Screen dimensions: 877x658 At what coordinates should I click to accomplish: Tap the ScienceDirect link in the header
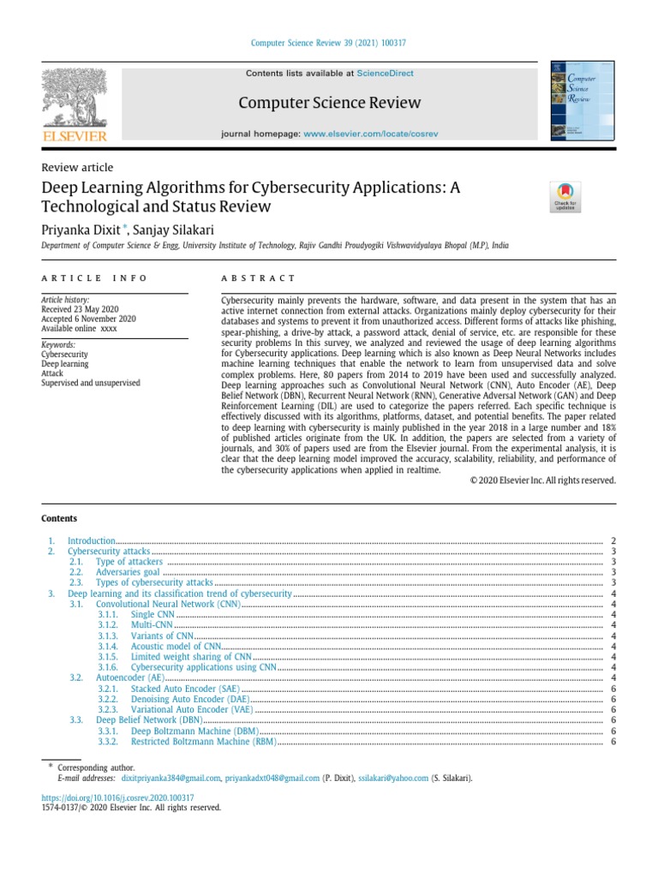pos(385,74)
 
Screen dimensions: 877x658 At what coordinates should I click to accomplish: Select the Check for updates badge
pos(565,196)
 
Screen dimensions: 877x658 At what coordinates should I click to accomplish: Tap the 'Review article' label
pos(77,168)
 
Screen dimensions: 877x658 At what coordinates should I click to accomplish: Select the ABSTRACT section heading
pos(258,278)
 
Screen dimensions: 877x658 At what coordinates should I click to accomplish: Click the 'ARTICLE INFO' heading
pos(94,278)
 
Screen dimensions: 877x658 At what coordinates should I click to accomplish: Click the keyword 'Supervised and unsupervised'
pos(90,383)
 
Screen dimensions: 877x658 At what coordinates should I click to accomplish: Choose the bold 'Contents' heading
pos(59,518)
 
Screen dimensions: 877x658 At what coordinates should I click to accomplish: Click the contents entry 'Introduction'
pos(91,541)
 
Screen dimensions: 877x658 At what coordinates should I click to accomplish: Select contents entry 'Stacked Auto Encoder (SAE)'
pos(185,688)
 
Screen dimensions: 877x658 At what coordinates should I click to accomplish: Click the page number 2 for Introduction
pos(613,541)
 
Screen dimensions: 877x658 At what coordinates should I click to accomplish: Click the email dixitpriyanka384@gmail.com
pos(170,778)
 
